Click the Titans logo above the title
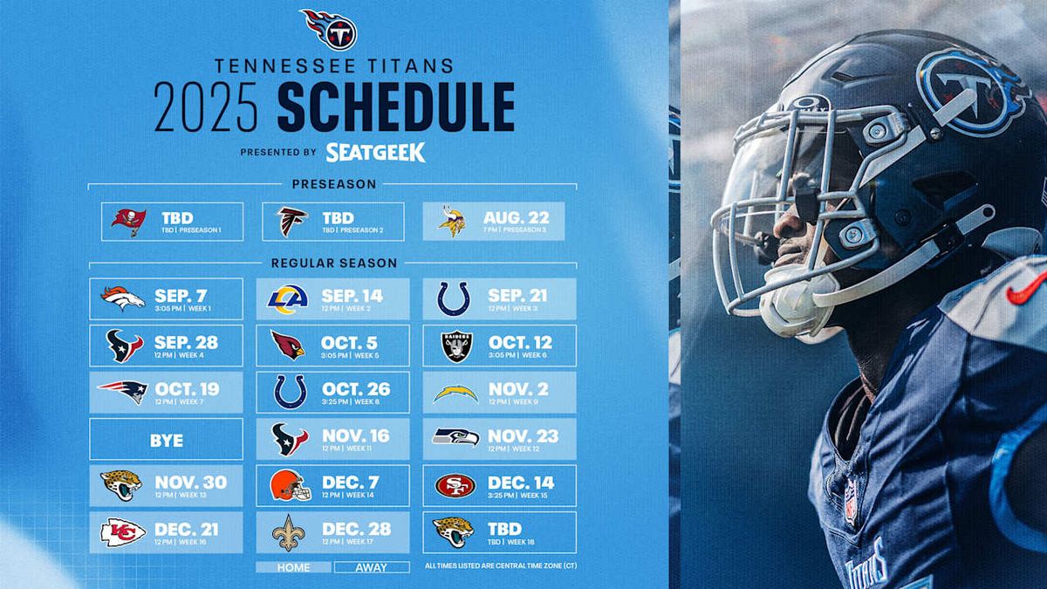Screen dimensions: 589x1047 click(x=330, y=29)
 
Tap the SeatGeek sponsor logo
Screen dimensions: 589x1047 click(x=375, y=153)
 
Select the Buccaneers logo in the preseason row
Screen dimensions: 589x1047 click(x=128, y=222)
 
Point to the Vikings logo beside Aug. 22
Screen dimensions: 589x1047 click(x=451, y=222)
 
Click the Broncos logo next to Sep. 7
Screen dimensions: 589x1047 click(x=122, y=298)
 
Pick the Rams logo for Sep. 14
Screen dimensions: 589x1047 click(x=288, y=298)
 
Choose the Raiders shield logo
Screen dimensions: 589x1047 click(x=456, y=346)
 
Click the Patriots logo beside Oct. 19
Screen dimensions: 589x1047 click(x=122, y=392)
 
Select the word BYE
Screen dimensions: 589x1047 click(x=166, y=441)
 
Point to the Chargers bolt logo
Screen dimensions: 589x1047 click(x=455, y=394)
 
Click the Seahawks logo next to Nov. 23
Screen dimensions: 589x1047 click(x=455, y=438)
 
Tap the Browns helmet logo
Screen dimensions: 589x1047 click(x=290, y=485)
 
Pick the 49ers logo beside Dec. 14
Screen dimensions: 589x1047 click(x=455, y=485)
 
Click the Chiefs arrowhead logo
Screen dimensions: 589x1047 click(x=123, y=532)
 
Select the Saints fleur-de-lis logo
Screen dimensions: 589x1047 click(x=288, y=532)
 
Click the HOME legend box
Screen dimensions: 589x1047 click(x=293, y=567)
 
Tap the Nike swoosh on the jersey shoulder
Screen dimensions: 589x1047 click(x=1026, y=289)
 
